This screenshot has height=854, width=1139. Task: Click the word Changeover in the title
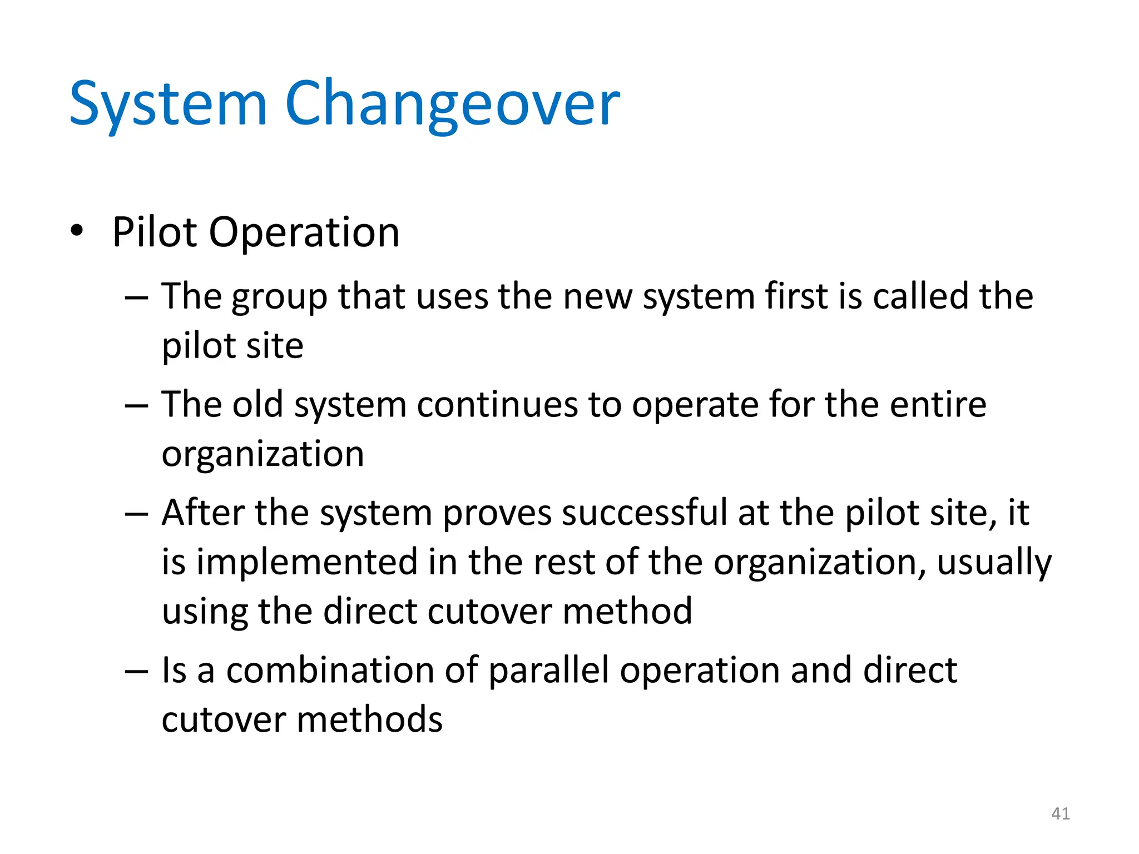452,105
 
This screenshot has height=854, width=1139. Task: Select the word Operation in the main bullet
304,232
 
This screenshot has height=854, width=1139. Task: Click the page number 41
1061,813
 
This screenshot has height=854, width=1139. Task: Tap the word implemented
306,563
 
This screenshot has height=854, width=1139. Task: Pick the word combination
330,669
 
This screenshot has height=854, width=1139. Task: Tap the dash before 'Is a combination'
136,671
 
